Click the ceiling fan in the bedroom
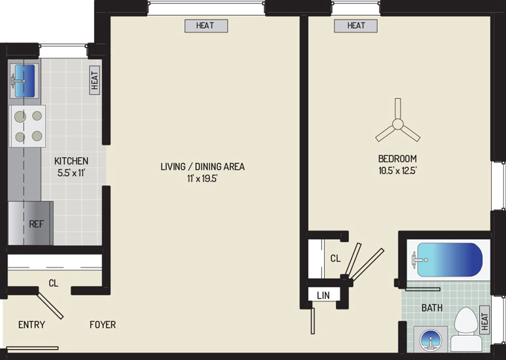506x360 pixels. (x=397, y=124)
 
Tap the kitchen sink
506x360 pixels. (x=24, y=81)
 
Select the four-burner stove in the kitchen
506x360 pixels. (x=27, y=126)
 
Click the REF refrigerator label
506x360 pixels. (x=36, y=224)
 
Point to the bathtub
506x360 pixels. (x=447, y=260)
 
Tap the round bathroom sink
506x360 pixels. (x=431, y=340)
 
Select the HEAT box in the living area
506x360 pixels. (x=206, y=26)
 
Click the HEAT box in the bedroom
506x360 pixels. (x=355, y=26)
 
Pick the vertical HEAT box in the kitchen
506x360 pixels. (x=94, y=81)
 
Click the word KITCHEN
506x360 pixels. (x=71, y=160)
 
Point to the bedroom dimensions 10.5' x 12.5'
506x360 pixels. (x=397, y=170)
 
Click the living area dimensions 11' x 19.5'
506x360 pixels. (x=202, y=178)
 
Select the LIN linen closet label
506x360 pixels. (x=323, y=295)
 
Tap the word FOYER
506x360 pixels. (x=103, y=325)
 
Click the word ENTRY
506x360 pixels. (x=31, y=325)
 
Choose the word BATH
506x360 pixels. (x=432, y=308)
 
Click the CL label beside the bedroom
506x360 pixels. (x=335, y=259)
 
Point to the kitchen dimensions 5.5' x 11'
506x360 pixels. (x=71, y=173)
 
